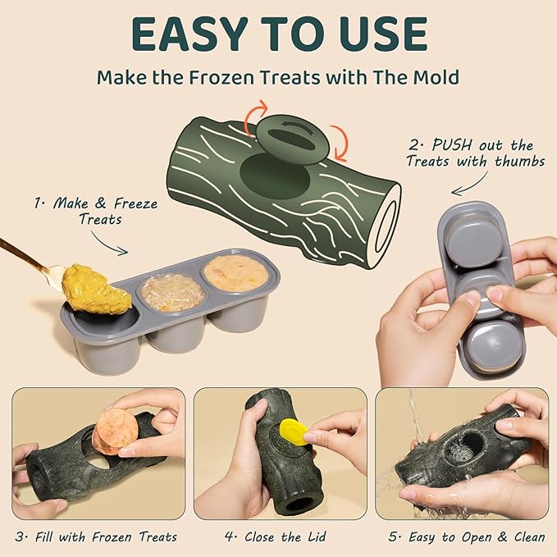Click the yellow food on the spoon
coord(96,289)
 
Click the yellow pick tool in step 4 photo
coord(294,431)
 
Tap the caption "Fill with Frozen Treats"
coord(97,537)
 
